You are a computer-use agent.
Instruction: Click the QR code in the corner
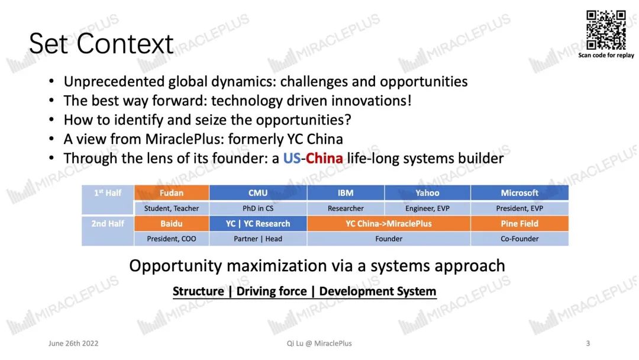point(606,30)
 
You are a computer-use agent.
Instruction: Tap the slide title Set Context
point(101,44)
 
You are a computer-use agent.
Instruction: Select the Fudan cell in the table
point(172,193)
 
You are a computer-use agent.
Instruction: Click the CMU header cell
point(258,193)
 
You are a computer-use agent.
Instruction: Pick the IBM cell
point(346,193)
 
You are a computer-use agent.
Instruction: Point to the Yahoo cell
point(428,193)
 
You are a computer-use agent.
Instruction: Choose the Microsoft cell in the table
point(519,193)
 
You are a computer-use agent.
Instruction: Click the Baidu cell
point(172,223)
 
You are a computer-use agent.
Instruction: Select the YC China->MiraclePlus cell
point(389,223)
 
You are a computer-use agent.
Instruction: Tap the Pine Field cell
point(519,223)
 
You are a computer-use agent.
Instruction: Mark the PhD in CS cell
point(258,208)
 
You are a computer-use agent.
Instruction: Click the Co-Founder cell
point(519,239)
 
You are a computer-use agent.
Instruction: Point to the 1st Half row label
point(108,193)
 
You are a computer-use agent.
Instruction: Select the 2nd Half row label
point(108,223)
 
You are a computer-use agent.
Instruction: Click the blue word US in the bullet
point(292,158)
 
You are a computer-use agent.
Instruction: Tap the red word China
point(324,158)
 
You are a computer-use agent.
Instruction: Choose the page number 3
point(588,343)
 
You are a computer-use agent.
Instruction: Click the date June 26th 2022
point(73,343)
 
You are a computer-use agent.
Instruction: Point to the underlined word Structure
point(198,291)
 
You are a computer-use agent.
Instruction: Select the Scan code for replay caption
point(606,55)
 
